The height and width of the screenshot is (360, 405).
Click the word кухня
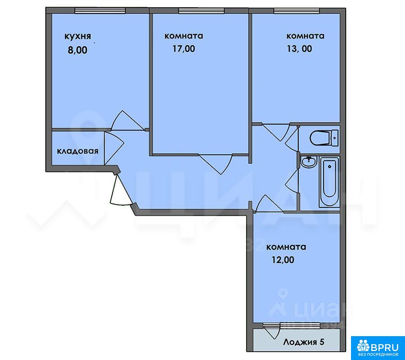pyautogui.click(x=77, y=36)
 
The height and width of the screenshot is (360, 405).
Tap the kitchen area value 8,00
pyautogui.click(x=77, y=50)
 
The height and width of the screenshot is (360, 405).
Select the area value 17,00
pyautogui.click(x=184, y=49)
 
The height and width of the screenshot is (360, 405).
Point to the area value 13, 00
pyautogui.click(x=299, y=49)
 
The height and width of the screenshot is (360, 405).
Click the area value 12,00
pyautogui.click(x=283, y=260)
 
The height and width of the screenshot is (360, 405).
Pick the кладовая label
pyautogui.click(x=77, y=151)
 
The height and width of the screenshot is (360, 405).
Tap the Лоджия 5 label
pyautogui.click(x=303, y=342)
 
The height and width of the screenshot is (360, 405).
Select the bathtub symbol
pyautogui.click(x=329, y=181)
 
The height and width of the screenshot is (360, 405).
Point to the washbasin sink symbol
pyautogui.click(x=308, y=162)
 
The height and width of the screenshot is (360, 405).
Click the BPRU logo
pyautogui.click(x=378, y=347)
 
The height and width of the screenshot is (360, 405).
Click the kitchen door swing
pyautogui.click(x=127, y=121)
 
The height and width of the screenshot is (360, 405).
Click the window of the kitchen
pyautogui.click(x=100, y=11)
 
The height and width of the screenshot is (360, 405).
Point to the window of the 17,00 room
pyautogui.click(x=202, y=11)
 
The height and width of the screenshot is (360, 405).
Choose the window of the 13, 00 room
pyautogui.click(x=297, y=11)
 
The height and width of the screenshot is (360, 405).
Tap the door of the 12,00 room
pyautogui.click(x=269, y=203)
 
